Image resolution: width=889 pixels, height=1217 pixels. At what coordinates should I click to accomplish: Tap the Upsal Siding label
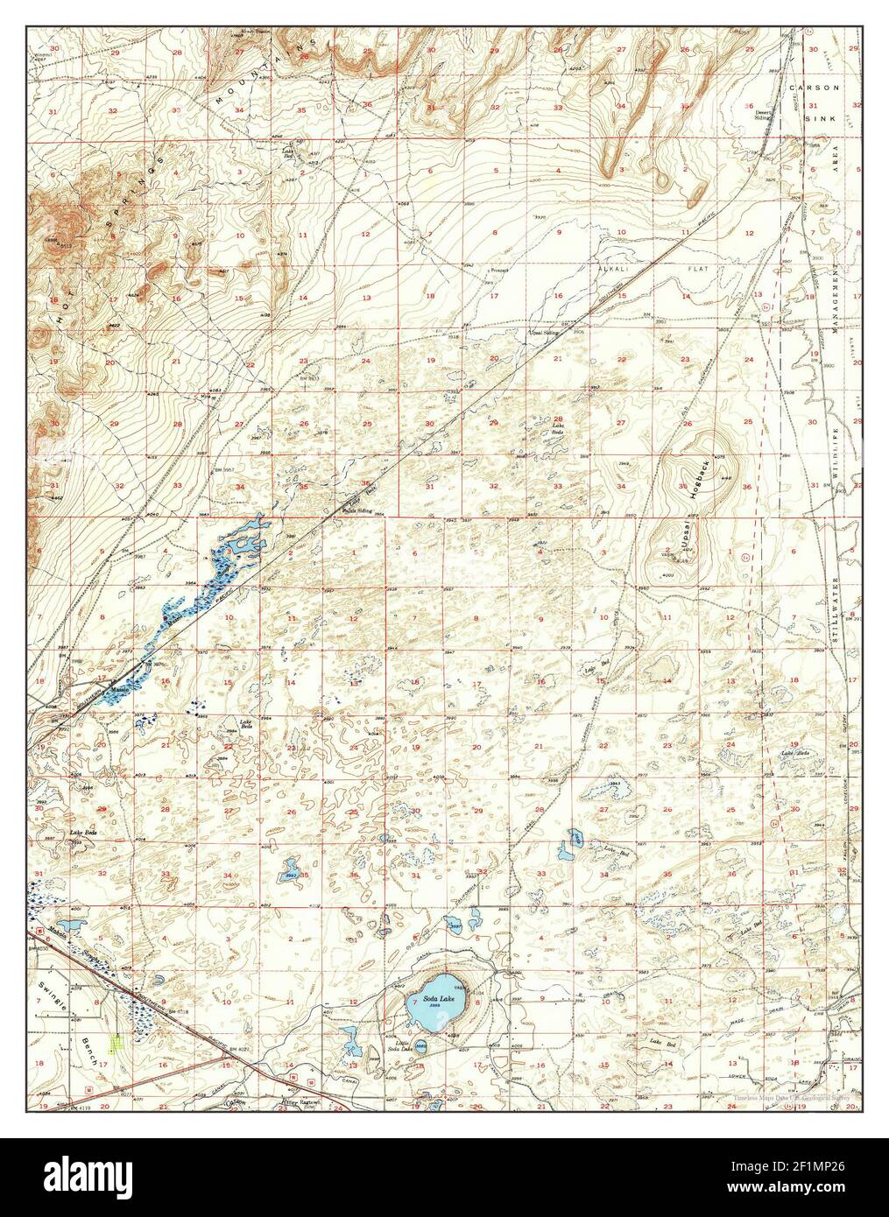(x=540, y=334)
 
